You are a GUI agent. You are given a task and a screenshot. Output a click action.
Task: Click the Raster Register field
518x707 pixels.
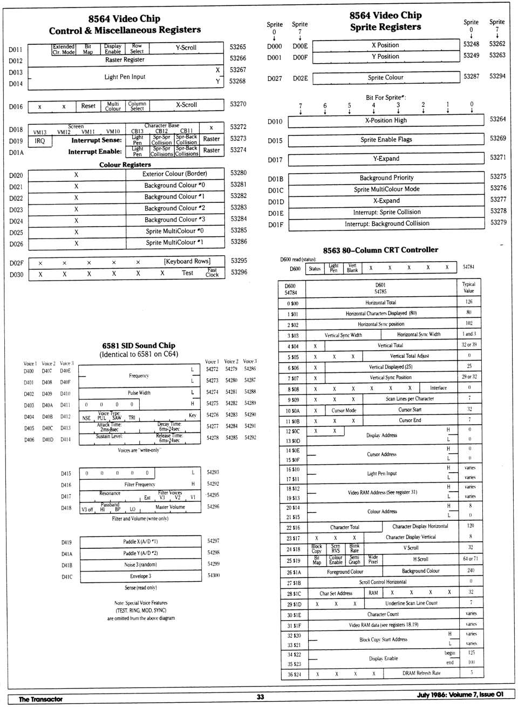click(125, 60)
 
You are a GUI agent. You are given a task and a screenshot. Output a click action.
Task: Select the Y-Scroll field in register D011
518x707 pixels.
click(186, 48)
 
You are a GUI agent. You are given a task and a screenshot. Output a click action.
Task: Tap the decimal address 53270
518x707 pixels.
click(238, 104)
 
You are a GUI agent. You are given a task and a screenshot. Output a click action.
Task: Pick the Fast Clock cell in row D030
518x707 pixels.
click(212, 273)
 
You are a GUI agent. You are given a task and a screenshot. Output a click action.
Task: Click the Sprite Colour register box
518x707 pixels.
click(385, 78)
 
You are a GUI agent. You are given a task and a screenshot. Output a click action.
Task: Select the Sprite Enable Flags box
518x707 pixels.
click(386, 140)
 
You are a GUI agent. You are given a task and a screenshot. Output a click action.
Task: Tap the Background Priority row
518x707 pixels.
click(386, 178)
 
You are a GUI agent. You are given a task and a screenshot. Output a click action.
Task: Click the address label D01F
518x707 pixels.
click(275, 225)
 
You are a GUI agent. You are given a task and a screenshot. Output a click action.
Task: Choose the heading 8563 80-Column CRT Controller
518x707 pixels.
click(380, 250)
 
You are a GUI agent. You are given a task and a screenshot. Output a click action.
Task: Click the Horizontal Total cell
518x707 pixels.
click(381, 303)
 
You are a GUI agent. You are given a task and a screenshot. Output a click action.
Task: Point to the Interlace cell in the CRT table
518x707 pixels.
click(438, 388)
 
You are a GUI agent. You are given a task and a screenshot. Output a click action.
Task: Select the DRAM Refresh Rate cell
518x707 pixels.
click(421, 674)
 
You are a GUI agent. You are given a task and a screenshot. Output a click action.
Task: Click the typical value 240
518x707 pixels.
click(471, 570)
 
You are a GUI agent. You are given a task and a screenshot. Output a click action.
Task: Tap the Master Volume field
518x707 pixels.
click(170, 507)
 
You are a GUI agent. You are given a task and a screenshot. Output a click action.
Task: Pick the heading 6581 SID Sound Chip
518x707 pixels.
click(139, 345)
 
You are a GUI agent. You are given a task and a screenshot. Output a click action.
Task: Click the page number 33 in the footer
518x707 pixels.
click(260, 697)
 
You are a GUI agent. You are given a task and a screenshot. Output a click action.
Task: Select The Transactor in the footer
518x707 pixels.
click(40, 699)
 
